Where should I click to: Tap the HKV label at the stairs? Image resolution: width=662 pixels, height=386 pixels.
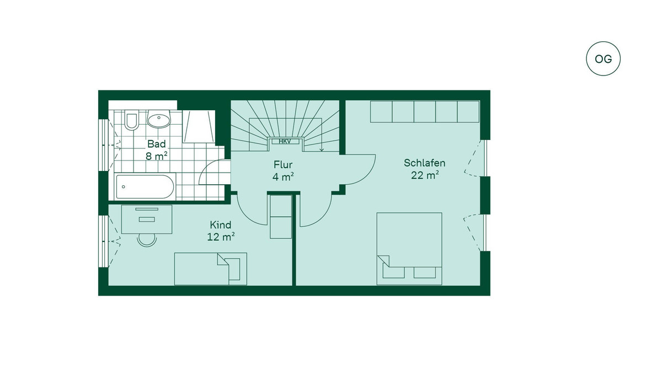click(x=285, y=142)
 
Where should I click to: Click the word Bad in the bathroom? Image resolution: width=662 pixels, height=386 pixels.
click(x=157, y=144)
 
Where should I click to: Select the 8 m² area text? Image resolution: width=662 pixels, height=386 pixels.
click(x=157, y=156)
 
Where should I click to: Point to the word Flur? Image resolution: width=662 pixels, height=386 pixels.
click(x=283, y=164)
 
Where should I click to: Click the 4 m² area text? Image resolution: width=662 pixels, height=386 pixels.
click(x=283, y=177)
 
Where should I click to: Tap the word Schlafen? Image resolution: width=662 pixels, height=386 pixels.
click(x=424, y=163)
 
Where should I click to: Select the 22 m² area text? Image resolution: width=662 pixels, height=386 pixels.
click(x=425, y=175)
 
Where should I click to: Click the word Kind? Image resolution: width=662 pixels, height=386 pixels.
click(x=221, y=225)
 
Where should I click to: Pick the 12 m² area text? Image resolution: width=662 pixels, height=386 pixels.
click(x=221, y=237)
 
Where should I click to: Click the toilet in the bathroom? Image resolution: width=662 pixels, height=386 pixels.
click(x=131, y=120)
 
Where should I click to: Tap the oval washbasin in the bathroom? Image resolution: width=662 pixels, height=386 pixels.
click(x=159, y=119)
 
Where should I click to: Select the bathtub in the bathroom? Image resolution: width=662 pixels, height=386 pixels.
click(x=145, y=186)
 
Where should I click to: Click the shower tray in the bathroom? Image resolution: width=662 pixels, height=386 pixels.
click(x=199, y=127)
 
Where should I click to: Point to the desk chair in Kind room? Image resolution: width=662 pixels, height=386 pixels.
click(x=147, y=240)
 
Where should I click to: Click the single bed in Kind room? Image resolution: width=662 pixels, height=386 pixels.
click(x=210, y=269)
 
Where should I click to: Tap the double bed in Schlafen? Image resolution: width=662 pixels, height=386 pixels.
click(x=409, y=249)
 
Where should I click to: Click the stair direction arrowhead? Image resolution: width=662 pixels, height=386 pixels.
click(x=322, y=150)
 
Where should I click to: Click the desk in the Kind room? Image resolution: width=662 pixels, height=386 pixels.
click(x=147, y=219)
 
